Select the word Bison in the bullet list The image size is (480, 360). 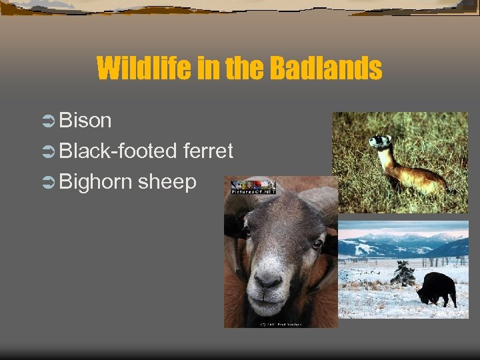(85, 121)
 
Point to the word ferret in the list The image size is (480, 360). (208, 151)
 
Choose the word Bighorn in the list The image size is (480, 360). (95, 182)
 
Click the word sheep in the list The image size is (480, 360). (167, 182)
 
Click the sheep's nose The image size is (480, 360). (269, 282)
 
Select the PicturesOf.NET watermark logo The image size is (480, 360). (253, 187)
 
